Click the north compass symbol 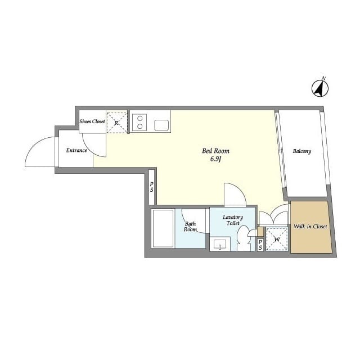click(320, 88)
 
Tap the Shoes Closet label click(92, 121)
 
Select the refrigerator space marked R click(117, 123)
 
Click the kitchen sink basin click(161, 125)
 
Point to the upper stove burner click(139, 119)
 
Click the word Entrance click(76, 150)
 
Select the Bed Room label click(215, 151)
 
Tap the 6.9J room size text click(215, 159)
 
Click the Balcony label click(302, 151)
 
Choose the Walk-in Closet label click(310, 226)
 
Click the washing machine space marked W click(277, 239)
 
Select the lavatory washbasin click(220, 244)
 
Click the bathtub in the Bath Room click(163, 228)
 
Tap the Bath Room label click(190, 227)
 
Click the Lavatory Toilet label click(233, 220)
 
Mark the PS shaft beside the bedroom click(151, 187)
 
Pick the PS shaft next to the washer click(260, 245)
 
